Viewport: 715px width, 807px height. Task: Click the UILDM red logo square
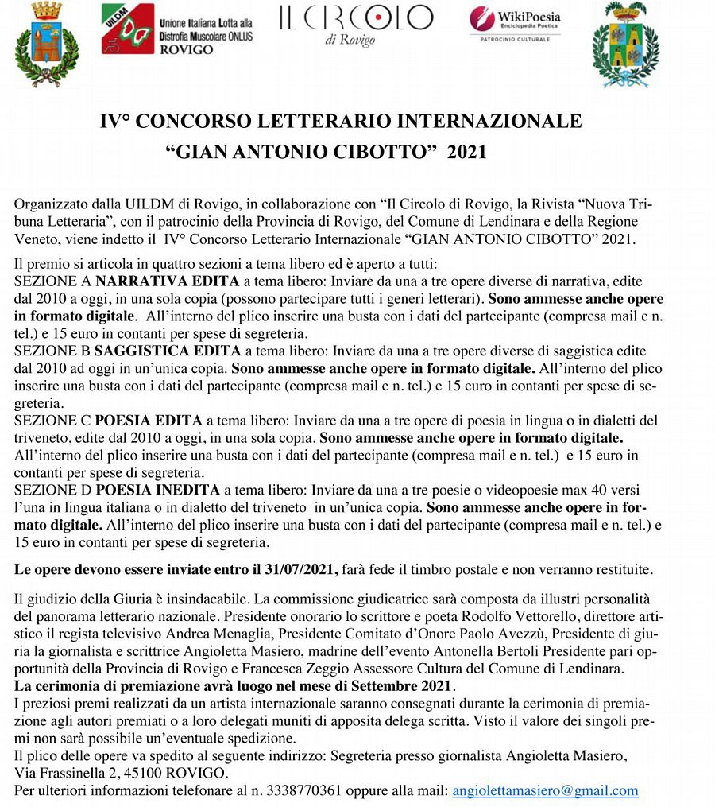pyautogui.click(x=127, y=29)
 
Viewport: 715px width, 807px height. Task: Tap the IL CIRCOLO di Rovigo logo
pyautogui.click(x=355, y=25)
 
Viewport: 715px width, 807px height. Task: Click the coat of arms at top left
pyautogui.click(x=47, y=43)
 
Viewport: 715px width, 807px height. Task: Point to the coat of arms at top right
pyautogui.click(x=631, y=44)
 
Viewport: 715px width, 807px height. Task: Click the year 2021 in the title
pyautogui.click(x=466, y=151)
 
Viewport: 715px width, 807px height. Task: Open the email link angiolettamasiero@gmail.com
pyautogui.click(x=545, y=790)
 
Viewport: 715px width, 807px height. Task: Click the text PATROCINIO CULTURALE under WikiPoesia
pyautogui.click(x=515, y=37)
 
